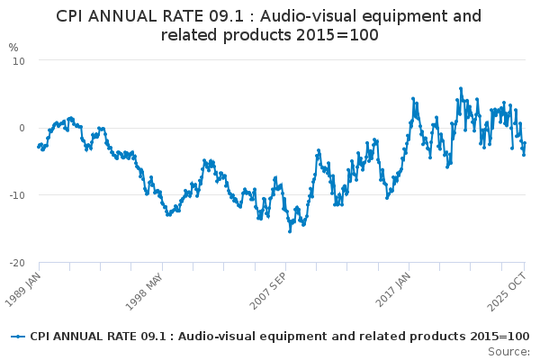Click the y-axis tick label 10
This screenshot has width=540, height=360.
pyautogui.click(x=18, y=60)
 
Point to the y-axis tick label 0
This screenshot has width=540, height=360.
pyautogui.click(x=21, y=128)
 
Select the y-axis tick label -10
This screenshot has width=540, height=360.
pyautogui.click(x=16, y=195)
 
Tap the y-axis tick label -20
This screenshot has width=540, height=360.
pyautogui.click(x=16, y=263)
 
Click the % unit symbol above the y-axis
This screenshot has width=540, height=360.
pyautogui.click(x=13, y=47)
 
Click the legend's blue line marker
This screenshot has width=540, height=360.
pyautogui.click(x=18, y=336)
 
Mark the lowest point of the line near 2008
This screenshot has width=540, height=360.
pyautogui.click(x=290, y=231)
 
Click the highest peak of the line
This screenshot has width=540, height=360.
pyautogui.click(x=461, y=88)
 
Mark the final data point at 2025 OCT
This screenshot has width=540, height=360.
pyautogui.click(x=525, y=143)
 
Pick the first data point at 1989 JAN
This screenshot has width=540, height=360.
pyautogui.click(x=39, y=146)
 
